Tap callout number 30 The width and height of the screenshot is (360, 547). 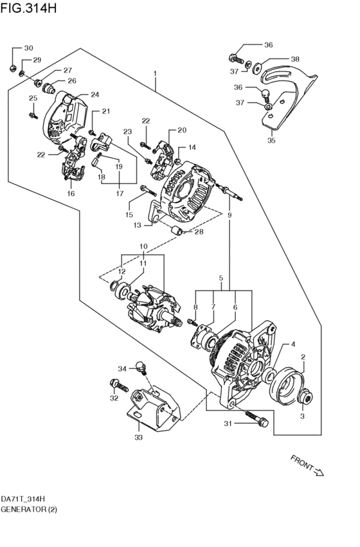tap(28, 49)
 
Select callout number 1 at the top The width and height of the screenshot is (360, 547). tap(155, 74)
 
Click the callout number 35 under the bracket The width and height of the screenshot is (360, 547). tap(271, 141)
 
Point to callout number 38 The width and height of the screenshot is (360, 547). tap(295, 59)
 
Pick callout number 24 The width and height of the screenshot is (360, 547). tap(94, 94)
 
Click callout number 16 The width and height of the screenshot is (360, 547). tap(71, 193)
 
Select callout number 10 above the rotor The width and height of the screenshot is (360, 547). tap(143, 246)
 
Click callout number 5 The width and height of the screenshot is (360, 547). tap(221, 278)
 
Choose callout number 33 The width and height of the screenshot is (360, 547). tap(138, 438)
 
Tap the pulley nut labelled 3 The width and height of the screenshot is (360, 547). tap(308, 400)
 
